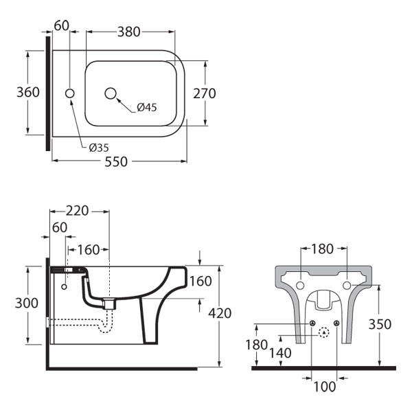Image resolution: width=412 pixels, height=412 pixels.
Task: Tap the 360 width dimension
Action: [27, 92]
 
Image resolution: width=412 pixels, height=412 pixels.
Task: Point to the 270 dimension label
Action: [205, 93]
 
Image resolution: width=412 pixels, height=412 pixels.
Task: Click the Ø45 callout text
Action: [146, 107]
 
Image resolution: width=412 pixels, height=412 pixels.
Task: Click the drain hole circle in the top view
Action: [111, 93]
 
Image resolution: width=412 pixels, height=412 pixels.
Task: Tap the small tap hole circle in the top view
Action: [69, 93]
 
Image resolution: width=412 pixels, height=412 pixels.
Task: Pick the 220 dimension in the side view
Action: [78, 211]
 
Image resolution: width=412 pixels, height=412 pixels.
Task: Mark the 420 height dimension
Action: [220, 313]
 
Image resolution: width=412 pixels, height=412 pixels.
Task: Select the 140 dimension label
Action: [281, 353]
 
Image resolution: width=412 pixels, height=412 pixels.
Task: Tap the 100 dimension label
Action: [324, 387]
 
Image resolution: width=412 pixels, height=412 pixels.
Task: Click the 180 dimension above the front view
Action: [323, 248]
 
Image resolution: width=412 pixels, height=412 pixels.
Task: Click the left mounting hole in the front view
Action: [299, 284]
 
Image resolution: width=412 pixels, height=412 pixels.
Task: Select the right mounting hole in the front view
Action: [347, 284]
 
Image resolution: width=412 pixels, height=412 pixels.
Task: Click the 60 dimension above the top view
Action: [62, 26]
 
